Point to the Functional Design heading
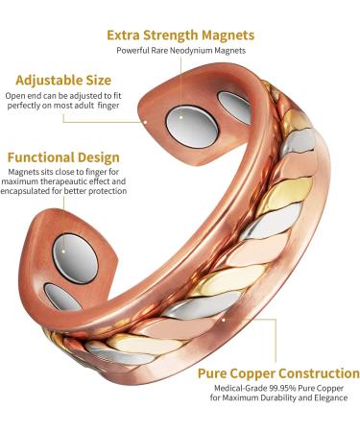tap(63, 156)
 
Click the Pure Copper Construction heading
tap(278, 372)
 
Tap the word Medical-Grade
tap(233, 389)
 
